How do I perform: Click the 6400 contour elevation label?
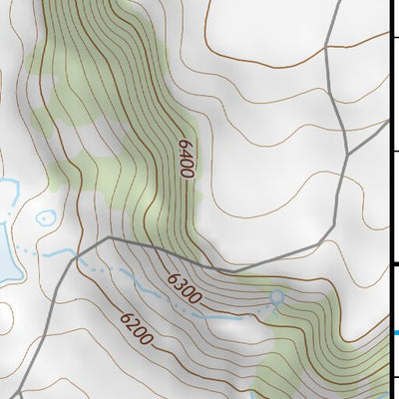coord(185,158)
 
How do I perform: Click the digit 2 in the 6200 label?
coord(131,325)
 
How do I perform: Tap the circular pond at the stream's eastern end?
coord(276,296)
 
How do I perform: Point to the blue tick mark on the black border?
coord(395,333)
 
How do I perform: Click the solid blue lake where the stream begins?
coord(8,264)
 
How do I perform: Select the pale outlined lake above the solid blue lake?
coord(8,196)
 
